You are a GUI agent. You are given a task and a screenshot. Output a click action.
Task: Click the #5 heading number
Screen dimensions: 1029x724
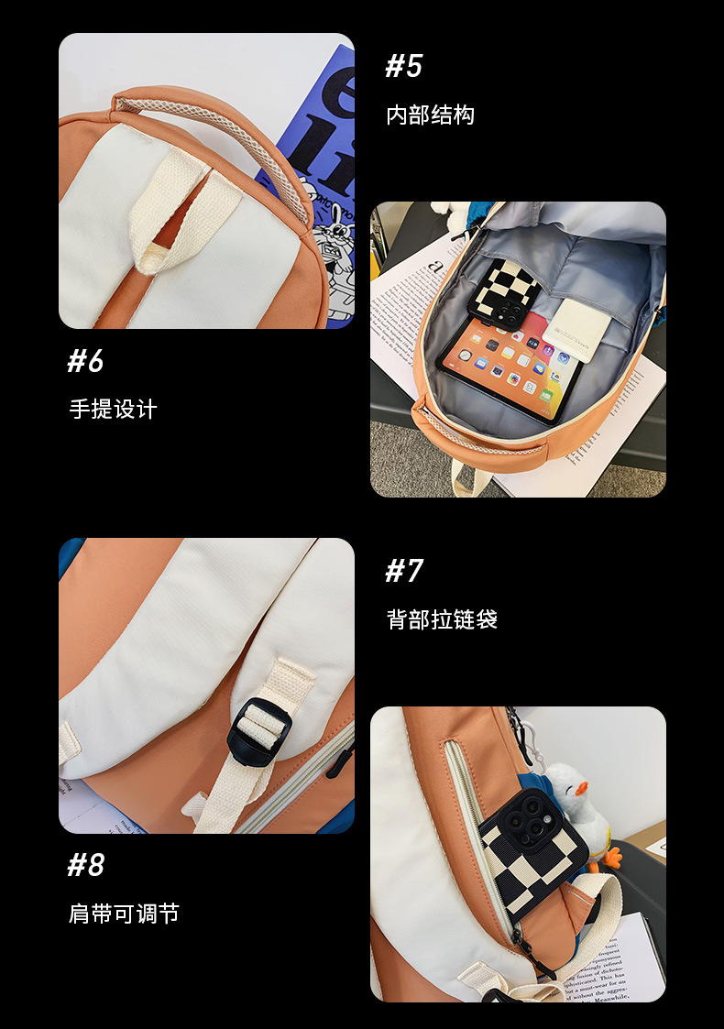pyautogui.click(x=404, y=66)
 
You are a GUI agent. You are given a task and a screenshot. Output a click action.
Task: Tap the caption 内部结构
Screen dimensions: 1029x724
pyautogui.click(x=430, y=115)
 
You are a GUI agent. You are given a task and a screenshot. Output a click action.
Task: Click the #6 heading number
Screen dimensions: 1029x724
pyautogui.click(x=85, y=361)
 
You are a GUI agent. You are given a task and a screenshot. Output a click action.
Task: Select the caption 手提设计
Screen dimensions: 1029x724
pyautogui.click(x=113, y=409)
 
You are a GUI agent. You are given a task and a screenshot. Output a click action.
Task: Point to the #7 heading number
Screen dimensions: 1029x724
pyautogui.click(x=404, y=571)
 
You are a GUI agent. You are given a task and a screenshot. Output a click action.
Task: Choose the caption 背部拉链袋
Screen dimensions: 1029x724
pyautogui.click(x=442, y=619)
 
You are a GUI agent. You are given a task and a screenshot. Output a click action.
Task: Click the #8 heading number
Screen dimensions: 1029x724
pyautogui.click(x=85, y=865)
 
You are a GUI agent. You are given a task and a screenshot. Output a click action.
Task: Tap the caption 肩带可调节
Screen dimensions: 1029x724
pyautogui.click(x=124, y=914)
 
